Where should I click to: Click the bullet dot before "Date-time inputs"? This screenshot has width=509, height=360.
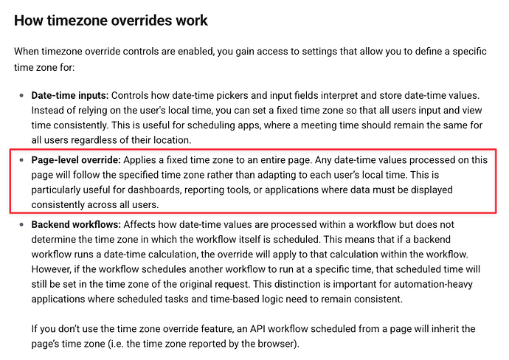click(20, 97)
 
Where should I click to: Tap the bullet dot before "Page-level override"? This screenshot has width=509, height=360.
click(20, 160)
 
